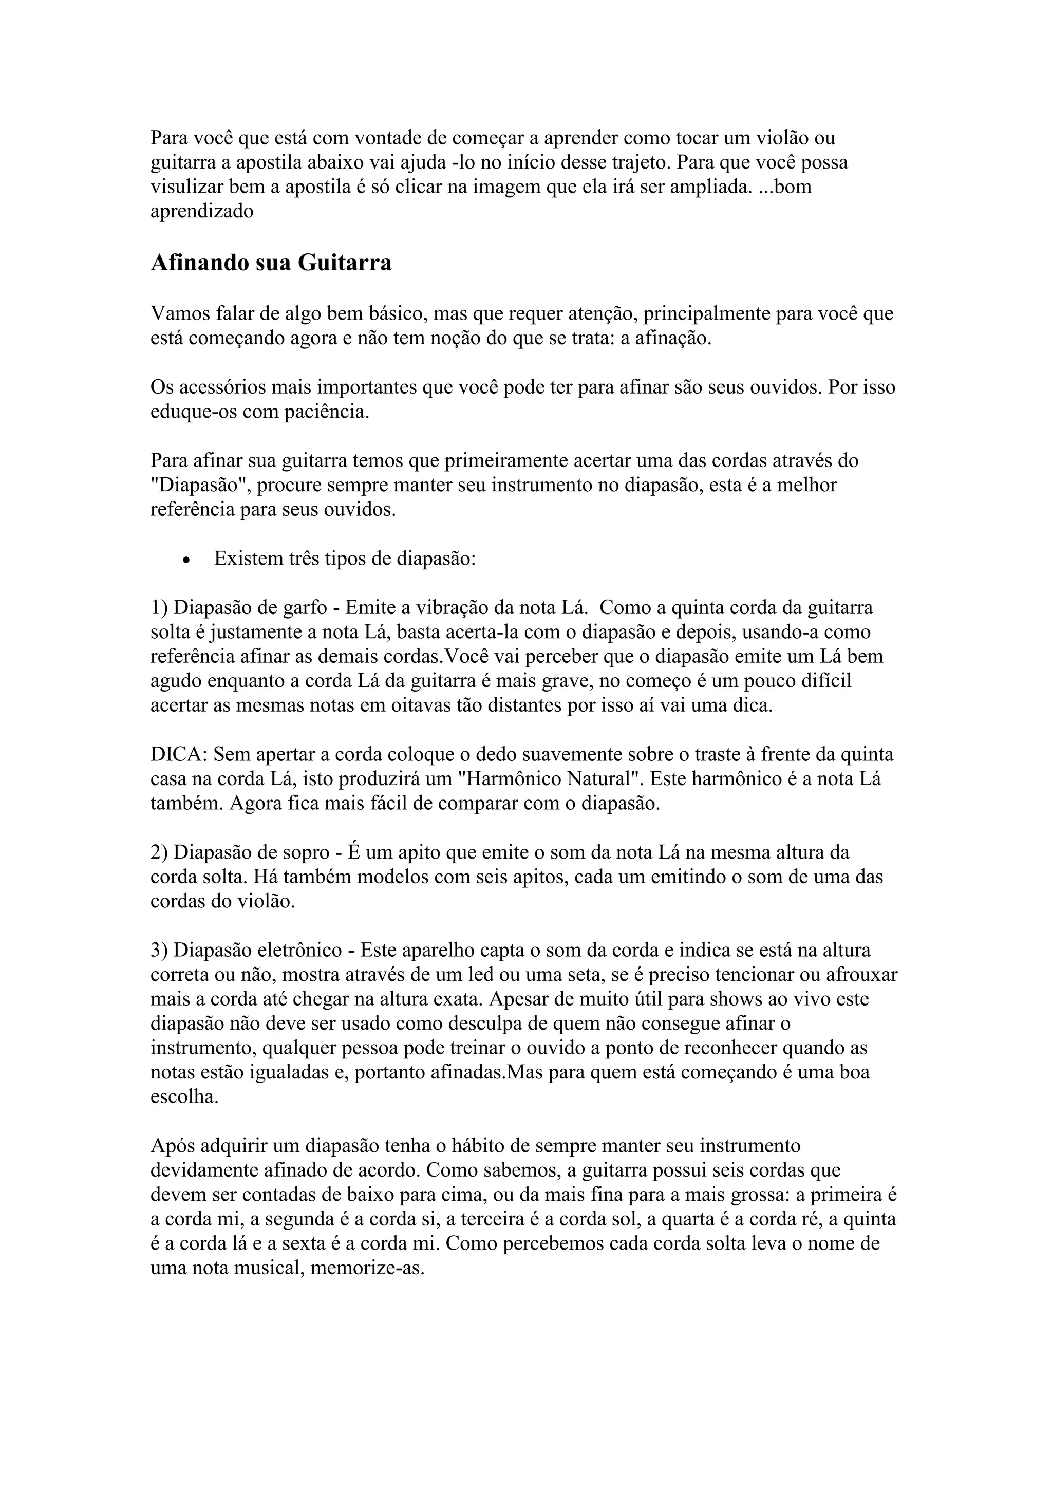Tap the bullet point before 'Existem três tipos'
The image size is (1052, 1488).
(x=187, y=560)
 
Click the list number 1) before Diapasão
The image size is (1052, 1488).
(x=159, y=608)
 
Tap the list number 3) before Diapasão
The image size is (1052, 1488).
(x=159, y=950)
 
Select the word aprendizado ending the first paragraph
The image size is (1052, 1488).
(x=201, y=211)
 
